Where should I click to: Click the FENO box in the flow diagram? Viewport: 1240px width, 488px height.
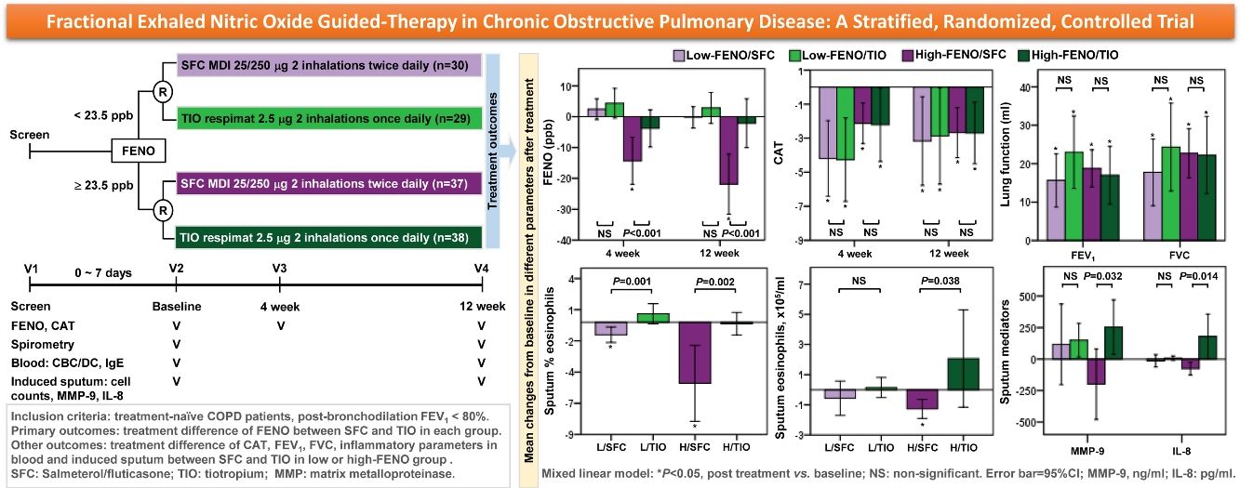click(139, 150)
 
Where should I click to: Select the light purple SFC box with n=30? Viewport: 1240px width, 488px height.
click(327, 66)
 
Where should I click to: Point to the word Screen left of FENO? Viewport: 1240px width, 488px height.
click(29, 136)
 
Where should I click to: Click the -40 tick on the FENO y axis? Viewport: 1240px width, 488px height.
click(564, 241)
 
